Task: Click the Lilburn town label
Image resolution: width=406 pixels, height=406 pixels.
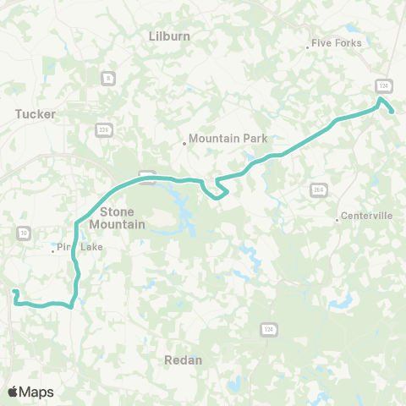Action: [169, 36]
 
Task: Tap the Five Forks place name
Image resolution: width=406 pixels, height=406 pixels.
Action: [337, 43]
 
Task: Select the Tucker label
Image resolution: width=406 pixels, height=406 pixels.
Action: [36, 113]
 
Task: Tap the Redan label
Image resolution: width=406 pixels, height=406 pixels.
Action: [184, 359]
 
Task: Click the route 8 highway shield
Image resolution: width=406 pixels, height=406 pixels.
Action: [107, 79]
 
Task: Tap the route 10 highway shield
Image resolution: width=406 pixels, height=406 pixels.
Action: [23, 233]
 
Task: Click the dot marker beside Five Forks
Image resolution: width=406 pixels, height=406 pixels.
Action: [307, 47]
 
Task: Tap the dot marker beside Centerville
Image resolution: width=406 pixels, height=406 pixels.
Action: [337, 220]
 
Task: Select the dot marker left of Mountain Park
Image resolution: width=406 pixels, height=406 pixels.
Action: [184, 143]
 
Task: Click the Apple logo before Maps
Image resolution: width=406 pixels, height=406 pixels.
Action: [14, 392]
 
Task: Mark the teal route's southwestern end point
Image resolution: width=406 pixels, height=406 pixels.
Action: [14, 292]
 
